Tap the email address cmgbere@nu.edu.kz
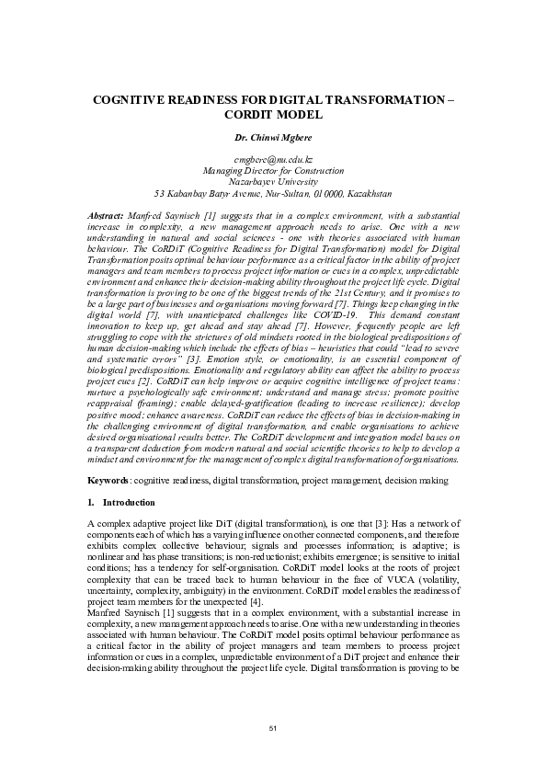pyautogui.click(x=273, y=160)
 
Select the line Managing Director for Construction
pyautogui.click(x=273, y=171)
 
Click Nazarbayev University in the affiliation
pyautogui.click(x=273, y=182)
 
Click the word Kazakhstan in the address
pyautogui.click(x=368, y=194)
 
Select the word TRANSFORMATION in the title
pyautogui.click(x=385, y=97)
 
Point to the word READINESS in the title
pyautogui.click(x=208, y=97)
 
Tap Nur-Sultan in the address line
pyautogui.click(x=275, y=194)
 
